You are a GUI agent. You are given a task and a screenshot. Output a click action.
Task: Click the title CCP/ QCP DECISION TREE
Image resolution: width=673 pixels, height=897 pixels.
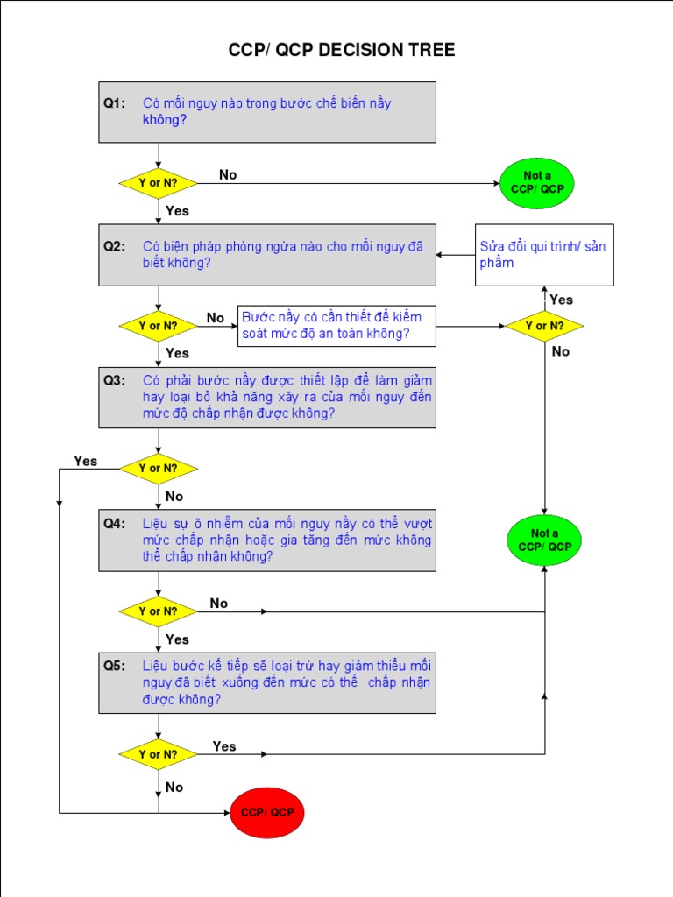pyautogui.click(x=342, y=50)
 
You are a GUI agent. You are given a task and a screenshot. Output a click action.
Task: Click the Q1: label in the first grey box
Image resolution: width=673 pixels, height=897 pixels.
pyautogui.click(x=115, y=103)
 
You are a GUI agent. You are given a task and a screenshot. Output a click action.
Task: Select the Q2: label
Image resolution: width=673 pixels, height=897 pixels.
pyautogui.click(x=115, y=246)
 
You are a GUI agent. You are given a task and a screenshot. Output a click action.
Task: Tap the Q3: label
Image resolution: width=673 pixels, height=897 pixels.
pyautogui.click(x=115, y=380)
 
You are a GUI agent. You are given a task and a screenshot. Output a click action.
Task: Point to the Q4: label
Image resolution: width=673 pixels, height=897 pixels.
pyautogui.click(x=115, y=524)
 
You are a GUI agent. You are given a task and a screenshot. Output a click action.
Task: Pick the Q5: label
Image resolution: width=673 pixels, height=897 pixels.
pyautogui.click(x=115, y=665)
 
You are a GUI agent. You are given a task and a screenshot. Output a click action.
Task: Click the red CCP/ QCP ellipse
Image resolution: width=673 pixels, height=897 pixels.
pyautogui.click(x=267, y=812)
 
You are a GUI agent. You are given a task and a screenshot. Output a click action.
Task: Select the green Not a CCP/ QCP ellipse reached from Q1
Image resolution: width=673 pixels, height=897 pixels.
pyautogui.click(x=537, y=182)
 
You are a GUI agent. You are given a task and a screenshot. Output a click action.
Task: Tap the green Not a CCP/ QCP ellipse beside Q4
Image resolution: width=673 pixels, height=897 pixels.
pyautogui.click(x=544, y=540)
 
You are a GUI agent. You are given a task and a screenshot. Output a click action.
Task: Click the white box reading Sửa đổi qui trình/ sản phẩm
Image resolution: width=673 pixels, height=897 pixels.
pyautogui.click(x=543, y=254)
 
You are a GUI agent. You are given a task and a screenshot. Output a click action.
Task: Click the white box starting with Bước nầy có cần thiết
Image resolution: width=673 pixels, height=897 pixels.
pyautogui.click(x=336, y=326)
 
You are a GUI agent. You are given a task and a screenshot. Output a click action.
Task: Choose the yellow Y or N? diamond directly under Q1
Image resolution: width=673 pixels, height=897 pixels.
pyautogui.click(x=158, y=183)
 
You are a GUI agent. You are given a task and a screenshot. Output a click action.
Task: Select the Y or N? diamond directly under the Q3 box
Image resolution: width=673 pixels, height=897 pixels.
pyautogui.click(x=158, y=468)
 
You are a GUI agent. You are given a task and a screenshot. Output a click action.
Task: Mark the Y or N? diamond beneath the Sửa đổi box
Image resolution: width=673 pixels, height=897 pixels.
pyautogui.click(x=544, y=326)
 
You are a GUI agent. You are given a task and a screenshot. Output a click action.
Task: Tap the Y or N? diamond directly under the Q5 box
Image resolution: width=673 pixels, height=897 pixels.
pyautogui.click(x=158, y=754)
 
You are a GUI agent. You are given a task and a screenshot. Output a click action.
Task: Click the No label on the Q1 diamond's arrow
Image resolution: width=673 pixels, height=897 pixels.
pyautogui.click(x=228, y=174)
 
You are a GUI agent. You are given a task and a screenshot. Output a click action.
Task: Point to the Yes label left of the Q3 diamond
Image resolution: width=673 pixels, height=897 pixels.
pyautogui.click(x=86, y=461)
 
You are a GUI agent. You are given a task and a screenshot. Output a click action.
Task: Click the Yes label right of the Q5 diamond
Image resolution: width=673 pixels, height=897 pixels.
pyautogui.click(x=224, y=746)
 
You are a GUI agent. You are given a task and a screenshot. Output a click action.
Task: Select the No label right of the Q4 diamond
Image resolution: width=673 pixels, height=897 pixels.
pyautogui.click(x=219, y=603)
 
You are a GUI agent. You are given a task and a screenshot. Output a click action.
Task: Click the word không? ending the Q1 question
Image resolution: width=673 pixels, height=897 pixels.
pyautogui.click(x=165, y=120)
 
